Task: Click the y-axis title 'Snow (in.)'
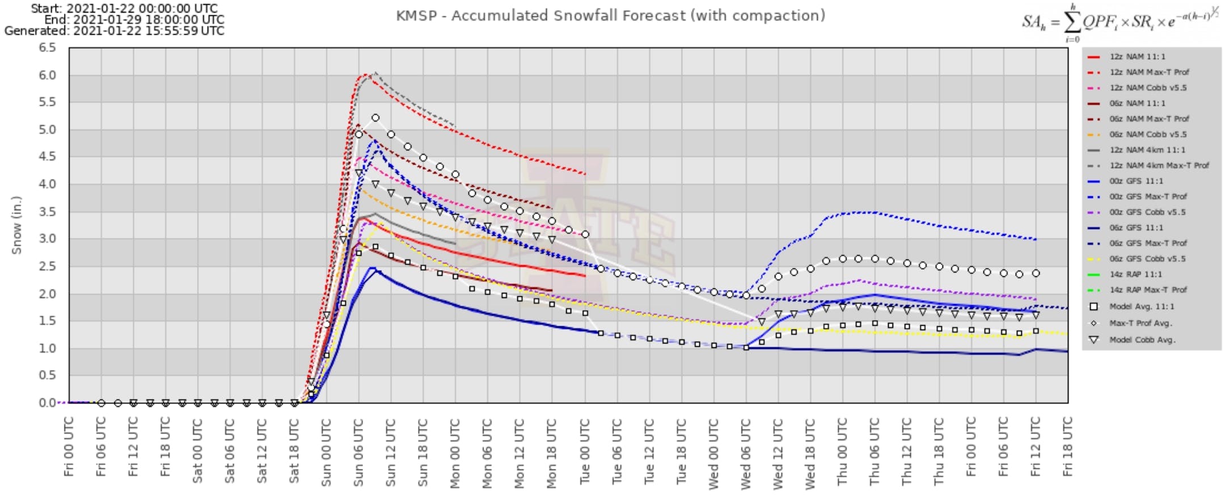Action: (16, 225)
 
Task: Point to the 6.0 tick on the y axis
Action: (48, 75)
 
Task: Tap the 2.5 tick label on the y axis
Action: (48, 266)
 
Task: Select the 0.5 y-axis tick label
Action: (48, 375)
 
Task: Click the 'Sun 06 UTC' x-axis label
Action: (358, 452)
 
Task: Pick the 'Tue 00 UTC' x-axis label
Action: (585, 452)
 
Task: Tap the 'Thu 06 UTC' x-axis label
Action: (875, 452)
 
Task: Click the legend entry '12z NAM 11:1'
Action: (1137, 57)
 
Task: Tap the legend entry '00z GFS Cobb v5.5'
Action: (1147, 212)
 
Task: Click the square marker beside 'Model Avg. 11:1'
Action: (1094, 306)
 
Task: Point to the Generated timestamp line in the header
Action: (114, 31)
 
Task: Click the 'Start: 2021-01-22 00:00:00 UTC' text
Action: (124, 9)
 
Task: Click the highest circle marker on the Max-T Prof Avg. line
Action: (375, 118)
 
